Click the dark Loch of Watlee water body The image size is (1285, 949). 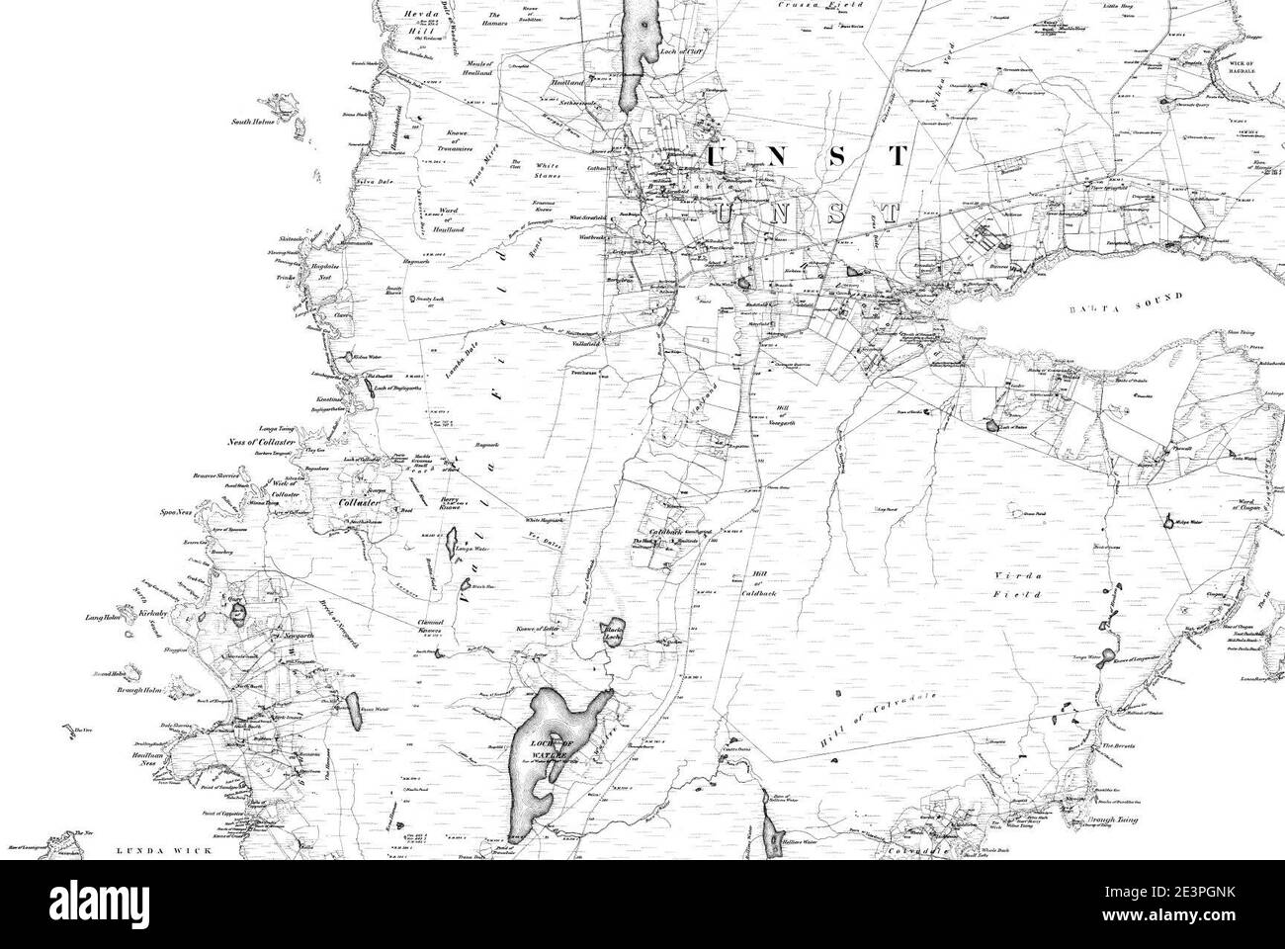pos(544,751)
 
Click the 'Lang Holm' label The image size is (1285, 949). pos(102,619)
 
